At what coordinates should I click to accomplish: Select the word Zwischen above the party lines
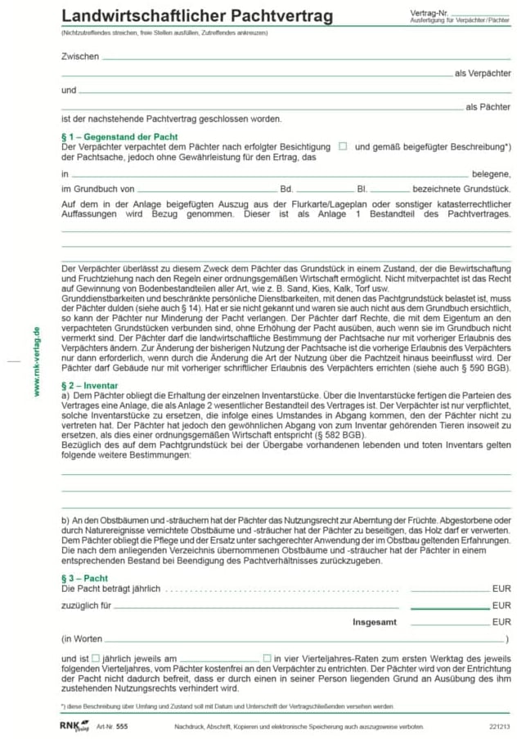(x=79, y=56)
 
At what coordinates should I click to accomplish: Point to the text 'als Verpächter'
(x=483, y=74)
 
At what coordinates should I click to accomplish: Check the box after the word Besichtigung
(x=343, y=146)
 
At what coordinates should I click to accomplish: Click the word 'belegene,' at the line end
(x=492, y=174)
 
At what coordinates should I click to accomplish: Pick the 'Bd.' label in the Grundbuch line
(x=286, y=189)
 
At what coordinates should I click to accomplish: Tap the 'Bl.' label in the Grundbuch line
(x=362, y=189)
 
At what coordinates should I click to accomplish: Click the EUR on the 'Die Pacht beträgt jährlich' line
(x=501, y=589)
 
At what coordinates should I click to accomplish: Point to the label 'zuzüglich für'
(x=86, y=606)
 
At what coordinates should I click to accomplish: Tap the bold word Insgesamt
(x=375, y=622)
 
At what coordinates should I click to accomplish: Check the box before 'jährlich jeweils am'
(x=96, y=658)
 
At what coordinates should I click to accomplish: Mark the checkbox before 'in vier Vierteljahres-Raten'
(x=267, y=658)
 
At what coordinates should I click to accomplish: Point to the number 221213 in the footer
(x=498, y=726)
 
